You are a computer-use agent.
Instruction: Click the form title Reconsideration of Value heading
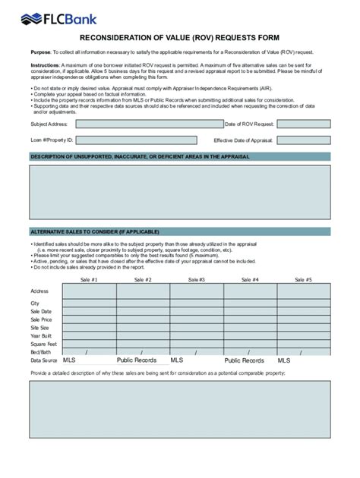click(179, 37)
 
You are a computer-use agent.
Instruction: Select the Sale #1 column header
click(89, 279)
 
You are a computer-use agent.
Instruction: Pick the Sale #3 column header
click(196, 279)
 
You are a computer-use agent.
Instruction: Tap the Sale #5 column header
click(303, 279)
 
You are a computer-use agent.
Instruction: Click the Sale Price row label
click(41, 320)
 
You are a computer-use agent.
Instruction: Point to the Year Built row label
click(41, 335)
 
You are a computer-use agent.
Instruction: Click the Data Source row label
click(44, 360)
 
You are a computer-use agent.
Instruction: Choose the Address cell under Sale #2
click(143, 291)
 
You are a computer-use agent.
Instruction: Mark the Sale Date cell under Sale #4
click(250, 311)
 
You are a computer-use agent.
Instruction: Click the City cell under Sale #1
click(89, 303)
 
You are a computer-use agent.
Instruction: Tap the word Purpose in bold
click(40, 52)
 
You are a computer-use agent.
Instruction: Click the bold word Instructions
click(45, 66)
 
